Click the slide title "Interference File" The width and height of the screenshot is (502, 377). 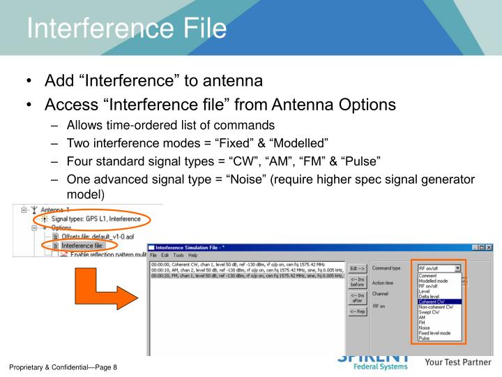(x=127, y=29)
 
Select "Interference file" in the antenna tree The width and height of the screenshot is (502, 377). (x=82, y=246)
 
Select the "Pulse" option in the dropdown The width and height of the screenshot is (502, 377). (x=425, y=338)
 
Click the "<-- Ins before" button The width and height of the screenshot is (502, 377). (x=358, y=281)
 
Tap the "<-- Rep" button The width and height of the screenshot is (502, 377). (x=358, y=311)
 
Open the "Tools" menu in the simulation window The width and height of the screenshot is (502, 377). (x=178, y=256)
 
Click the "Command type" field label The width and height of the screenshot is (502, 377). (x=386, y=268)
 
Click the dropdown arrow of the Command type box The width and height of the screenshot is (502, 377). (x=457, y=267)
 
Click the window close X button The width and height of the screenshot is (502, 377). (x=488, y=248)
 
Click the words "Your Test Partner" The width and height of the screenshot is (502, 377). (x=459, y=362)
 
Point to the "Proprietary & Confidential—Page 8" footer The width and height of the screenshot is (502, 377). (x=63, y=367)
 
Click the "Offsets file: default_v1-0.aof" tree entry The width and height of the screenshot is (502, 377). (x=91, y=236)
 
